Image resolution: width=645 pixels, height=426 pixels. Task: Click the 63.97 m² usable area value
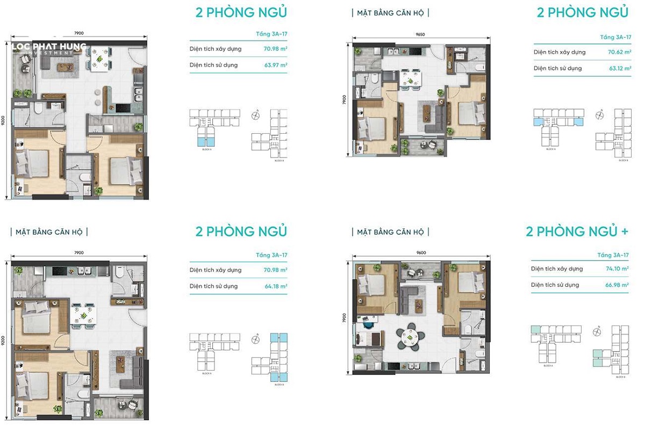[x=275, y=65]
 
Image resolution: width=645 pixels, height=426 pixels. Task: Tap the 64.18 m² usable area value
[x=275, y=286]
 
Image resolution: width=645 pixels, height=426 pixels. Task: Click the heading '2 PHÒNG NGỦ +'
[x=577, y=232]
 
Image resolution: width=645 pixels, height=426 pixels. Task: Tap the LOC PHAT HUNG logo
[x=49, y=48]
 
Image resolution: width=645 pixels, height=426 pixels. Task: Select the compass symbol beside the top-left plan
[x=255, y=115]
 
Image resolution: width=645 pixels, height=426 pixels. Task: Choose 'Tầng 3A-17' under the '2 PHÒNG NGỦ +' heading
[x=613, y=255]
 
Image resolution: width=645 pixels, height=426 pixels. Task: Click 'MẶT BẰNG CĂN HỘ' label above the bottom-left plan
[x=49, y=232]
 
